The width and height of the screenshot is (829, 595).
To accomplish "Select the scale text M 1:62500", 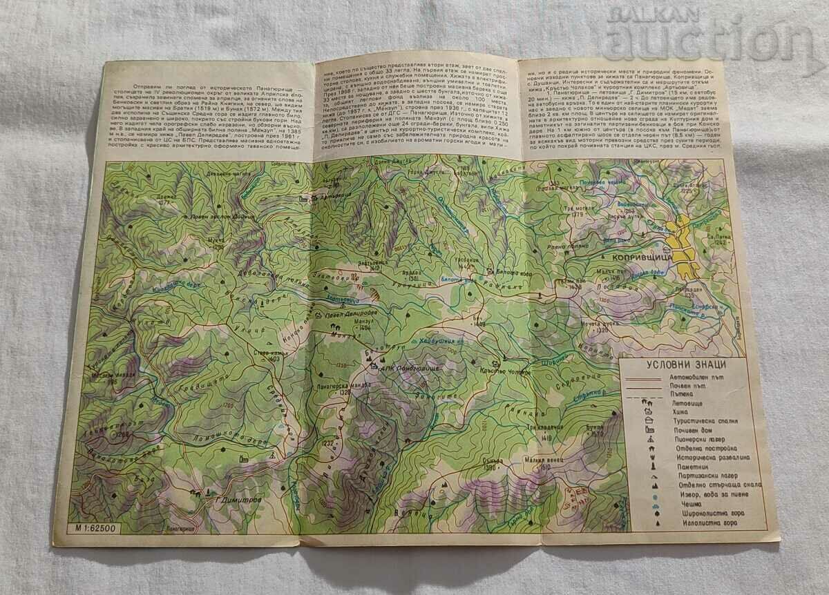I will [x=93, y=529].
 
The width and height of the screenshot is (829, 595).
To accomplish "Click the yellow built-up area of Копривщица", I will [x=687, y=248].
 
